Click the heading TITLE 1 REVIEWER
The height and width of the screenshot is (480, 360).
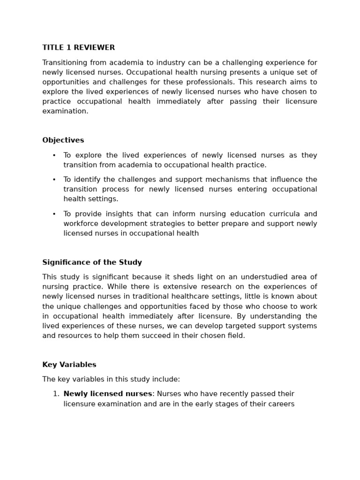[78, 48]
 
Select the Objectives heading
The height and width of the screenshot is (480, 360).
[63, 140]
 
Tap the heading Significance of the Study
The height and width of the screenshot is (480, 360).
[92, 262]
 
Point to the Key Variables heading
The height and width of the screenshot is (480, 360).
[69, 365]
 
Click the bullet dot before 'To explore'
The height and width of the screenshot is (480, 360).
[54, 156]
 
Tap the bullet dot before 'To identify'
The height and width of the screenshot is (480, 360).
[54, 180]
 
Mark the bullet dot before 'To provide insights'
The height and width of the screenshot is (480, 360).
[54, 214]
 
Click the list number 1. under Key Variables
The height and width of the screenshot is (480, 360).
[56, 394]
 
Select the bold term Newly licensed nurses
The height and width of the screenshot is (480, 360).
[108, 394]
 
